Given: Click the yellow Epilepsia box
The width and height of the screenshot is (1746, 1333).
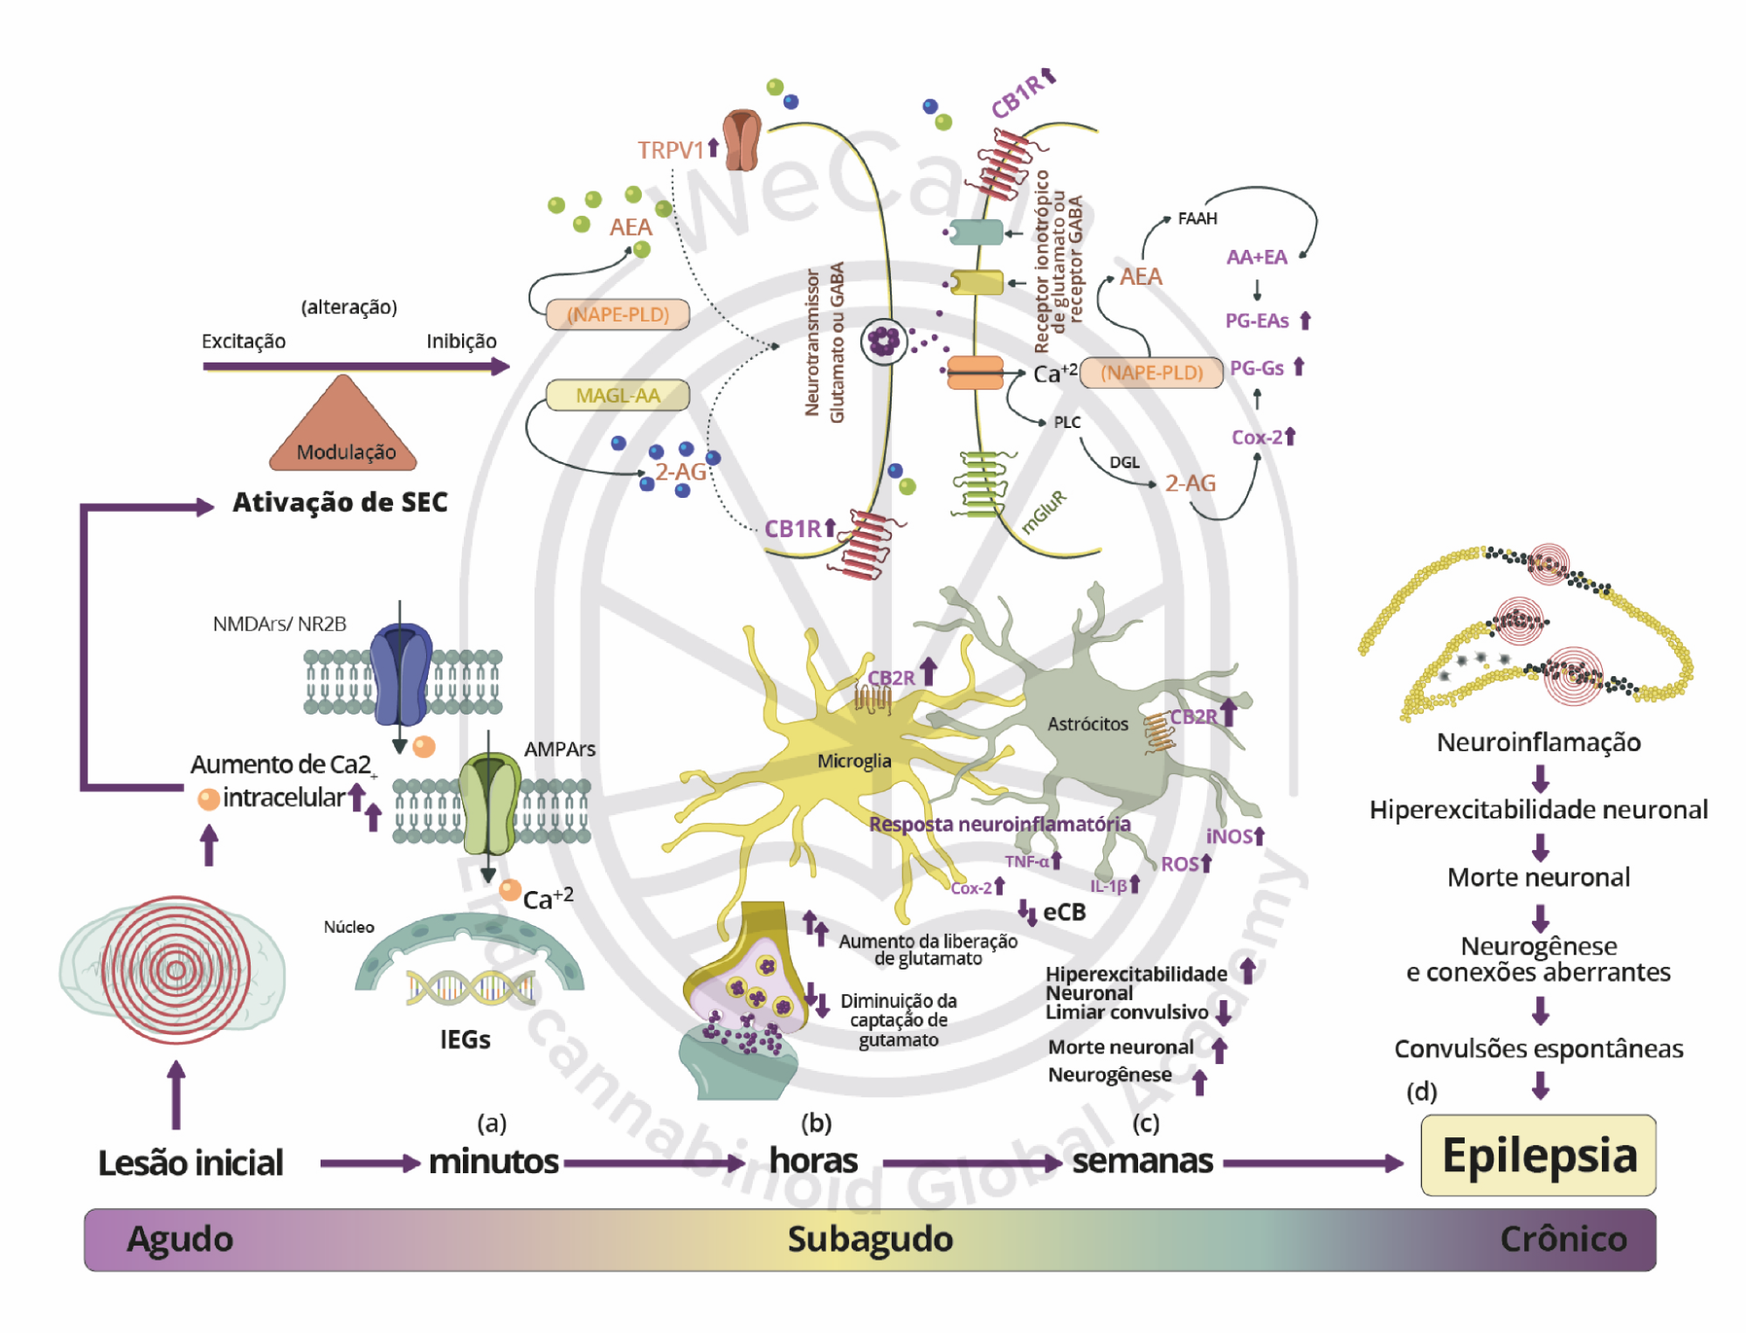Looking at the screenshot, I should tap(1538, 1155).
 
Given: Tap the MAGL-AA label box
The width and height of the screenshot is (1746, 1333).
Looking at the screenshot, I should tap(618, 396).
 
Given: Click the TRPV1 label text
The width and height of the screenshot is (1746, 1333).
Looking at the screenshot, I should tap(670, 150).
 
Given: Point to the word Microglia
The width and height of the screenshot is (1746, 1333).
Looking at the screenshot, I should tap(853, 761).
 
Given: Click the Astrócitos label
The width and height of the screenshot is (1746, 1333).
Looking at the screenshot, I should tap(1087, 723).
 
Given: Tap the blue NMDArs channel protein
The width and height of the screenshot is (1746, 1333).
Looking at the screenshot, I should tap(401, 673).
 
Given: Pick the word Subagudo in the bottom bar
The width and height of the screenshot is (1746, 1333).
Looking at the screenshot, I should tap(870, 1239).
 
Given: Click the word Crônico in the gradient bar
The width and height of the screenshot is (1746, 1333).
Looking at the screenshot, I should tap(1563, 1239).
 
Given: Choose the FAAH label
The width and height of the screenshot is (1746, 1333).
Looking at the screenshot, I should tap(1197, 218).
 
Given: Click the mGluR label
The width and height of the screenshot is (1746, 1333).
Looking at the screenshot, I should tap(1044, 512).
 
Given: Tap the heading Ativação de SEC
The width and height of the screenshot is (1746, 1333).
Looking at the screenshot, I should tap(340, 502).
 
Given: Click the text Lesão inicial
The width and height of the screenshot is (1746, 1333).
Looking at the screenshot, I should tap(190, 1163).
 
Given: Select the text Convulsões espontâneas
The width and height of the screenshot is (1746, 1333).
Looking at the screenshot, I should tap(1538, 1048).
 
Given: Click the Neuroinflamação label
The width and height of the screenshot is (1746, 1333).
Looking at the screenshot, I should tap(1538, 742).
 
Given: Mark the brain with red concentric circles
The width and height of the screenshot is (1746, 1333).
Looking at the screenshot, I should tap(175, 970).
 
